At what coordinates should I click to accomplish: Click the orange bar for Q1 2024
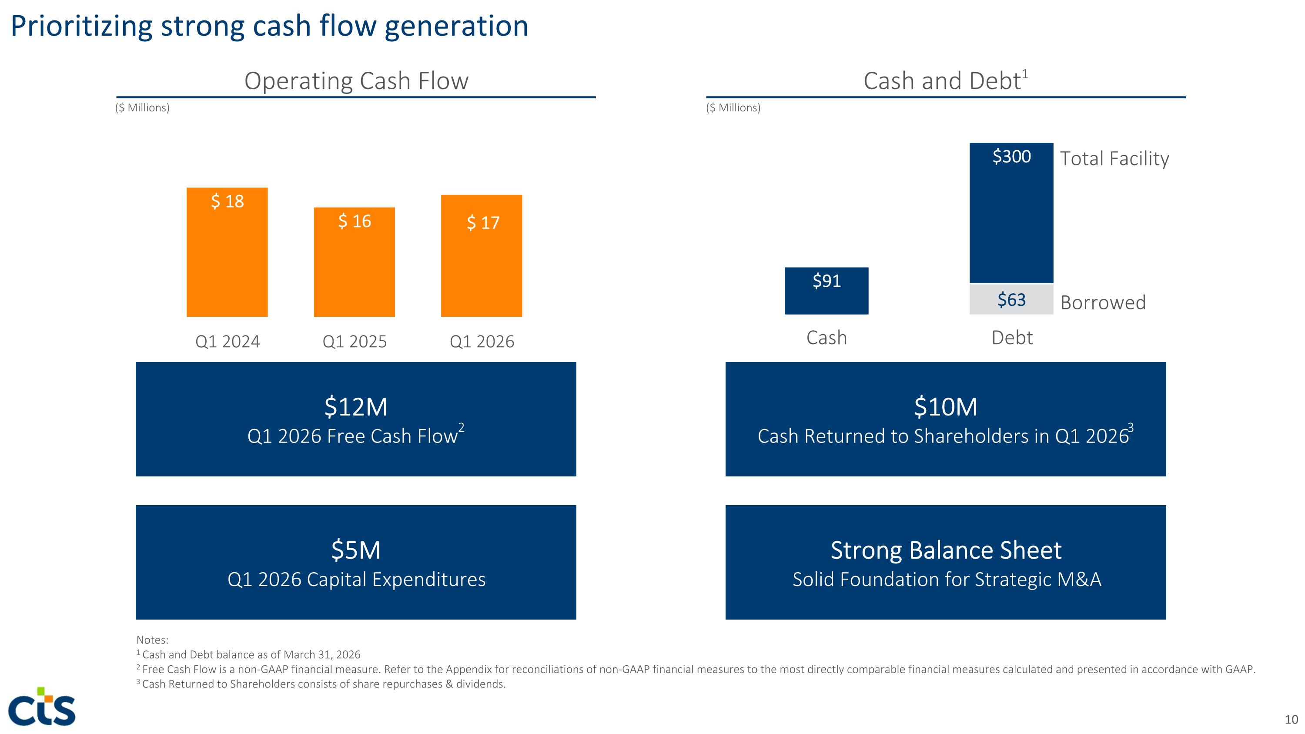click(227, 252)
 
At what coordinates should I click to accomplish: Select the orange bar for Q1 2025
click(354, 262)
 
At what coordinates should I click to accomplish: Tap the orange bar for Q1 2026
click(481, 256)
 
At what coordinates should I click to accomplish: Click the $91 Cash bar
click(826, 291)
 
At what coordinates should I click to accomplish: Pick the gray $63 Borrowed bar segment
click(1011, 299)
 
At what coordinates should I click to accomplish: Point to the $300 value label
click(1012, 157)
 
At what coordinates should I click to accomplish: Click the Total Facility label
click(1114, 158)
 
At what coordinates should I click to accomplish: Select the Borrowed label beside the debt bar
click(1103, 302)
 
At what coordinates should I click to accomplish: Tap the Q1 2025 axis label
click(355, 342)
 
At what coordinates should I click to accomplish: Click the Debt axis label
click(1012, 337)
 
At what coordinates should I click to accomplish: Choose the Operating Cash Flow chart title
click(356, 80)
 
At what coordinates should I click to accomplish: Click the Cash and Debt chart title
click(945, 80)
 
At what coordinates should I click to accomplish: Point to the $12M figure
click(356, 407)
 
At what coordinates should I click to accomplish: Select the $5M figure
click(356, 550)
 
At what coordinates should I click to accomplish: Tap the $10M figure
click(945, 407)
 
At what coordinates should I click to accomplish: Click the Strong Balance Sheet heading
click(946, 550)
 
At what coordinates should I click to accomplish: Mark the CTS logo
click(42, 706)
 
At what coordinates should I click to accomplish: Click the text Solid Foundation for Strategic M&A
click(946, 580)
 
